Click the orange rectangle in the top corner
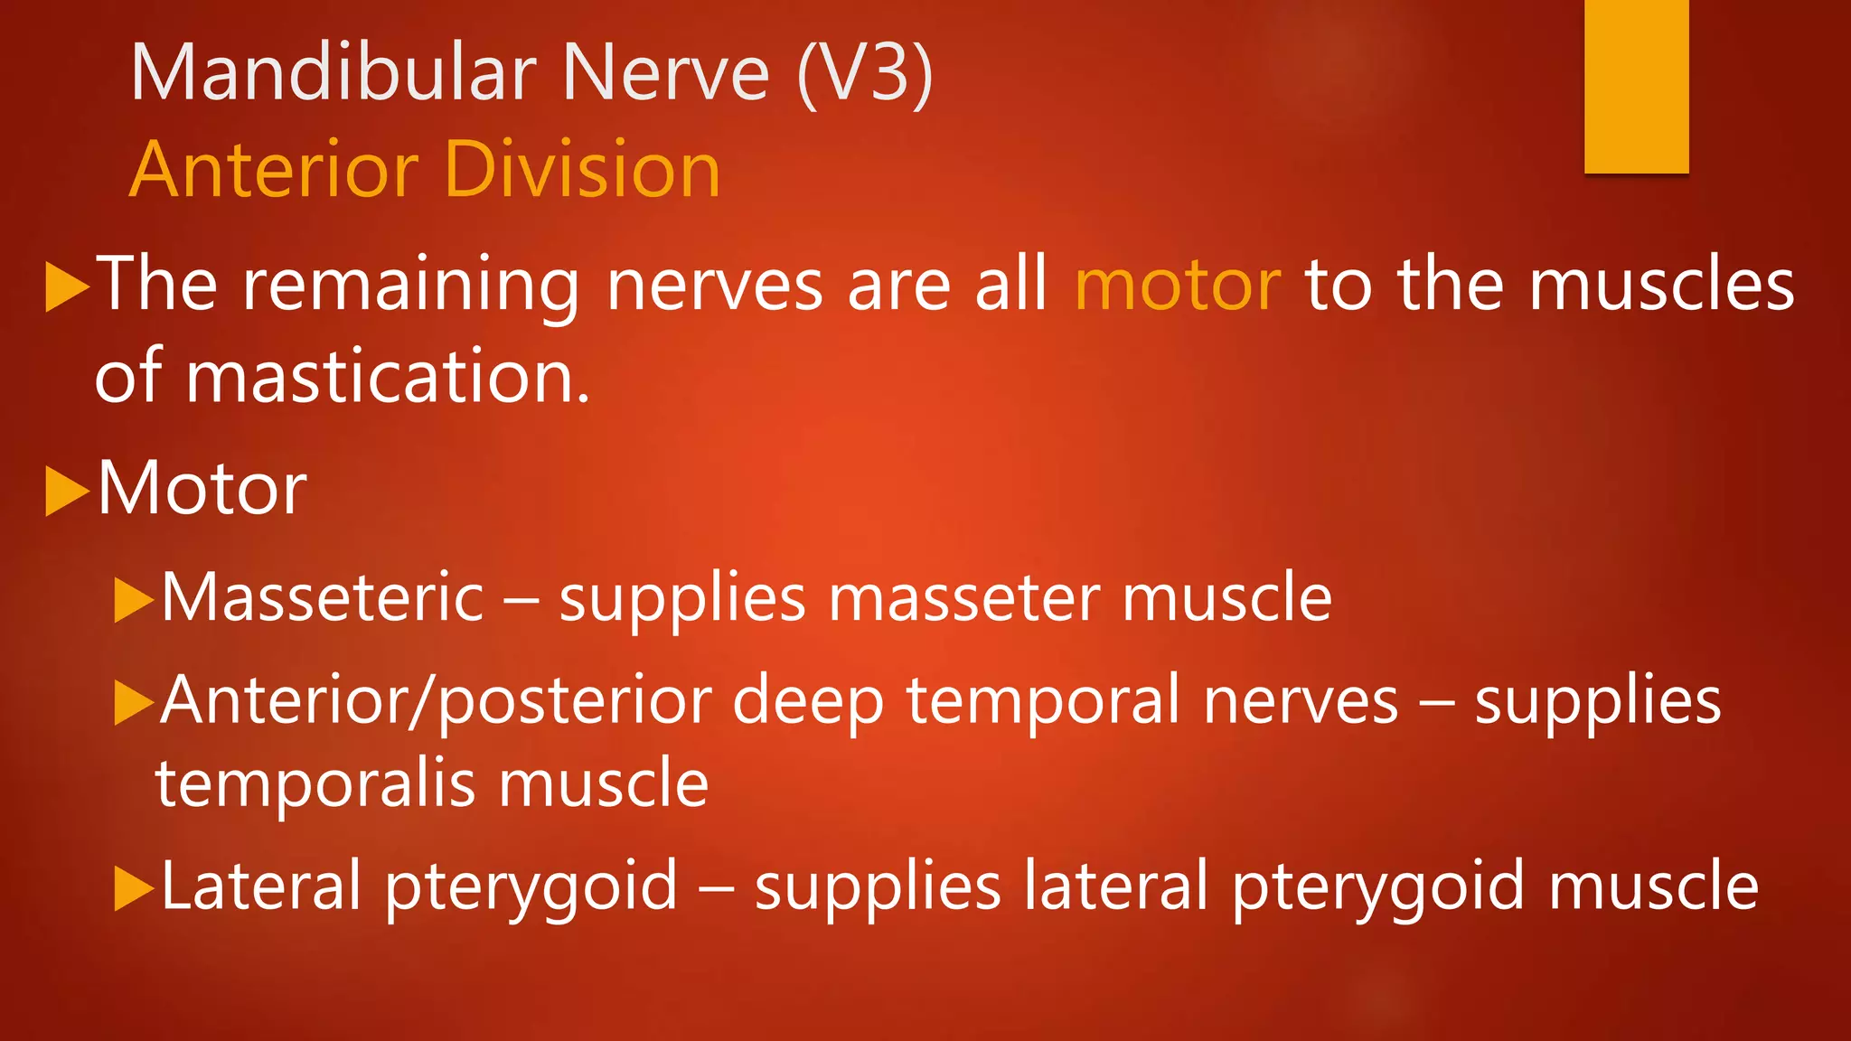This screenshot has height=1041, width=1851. tap(1636, 86)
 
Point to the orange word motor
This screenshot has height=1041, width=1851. tap(1177, 285)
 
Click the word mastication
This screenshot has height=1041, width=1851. tap(388, 377)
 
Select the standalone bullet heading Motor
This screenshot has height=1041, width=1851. tap(202, 488)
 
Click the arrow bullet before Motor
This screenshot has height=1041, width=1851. tap(67, 491)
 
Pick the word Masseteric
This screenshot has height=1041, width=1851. tap(323, 597)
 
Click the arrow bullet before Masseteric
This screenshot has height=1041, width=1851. tap(134, 600)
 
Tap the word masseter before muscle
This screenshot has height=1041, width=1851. tap(964, 599)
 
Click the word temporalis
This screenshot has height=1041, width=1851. tap(315, 783)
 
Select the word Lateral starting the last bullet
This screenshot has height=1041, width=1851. tap(261, 886)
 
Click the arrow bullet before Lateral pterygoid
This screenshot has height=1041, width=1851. tap(134, 888)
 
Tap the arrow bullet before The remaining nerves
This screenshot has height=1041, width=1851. tap(67, 287)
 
